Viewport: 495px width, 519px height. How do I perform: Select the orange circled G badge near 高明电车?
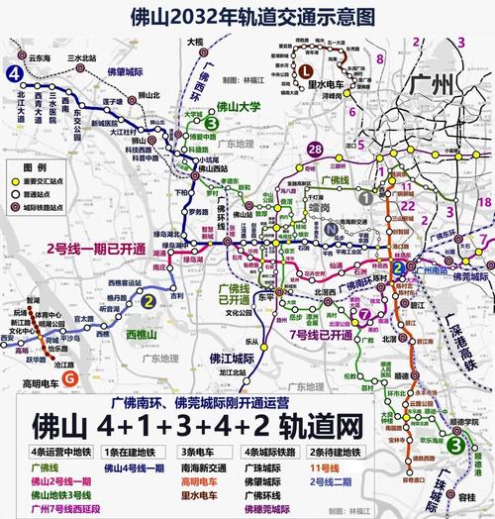coord(68,377)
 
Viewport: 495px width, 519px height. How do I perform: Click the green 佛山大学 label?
coord(239,105)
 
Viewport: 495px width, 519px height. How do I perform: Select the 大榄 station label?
coord(194,43)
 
